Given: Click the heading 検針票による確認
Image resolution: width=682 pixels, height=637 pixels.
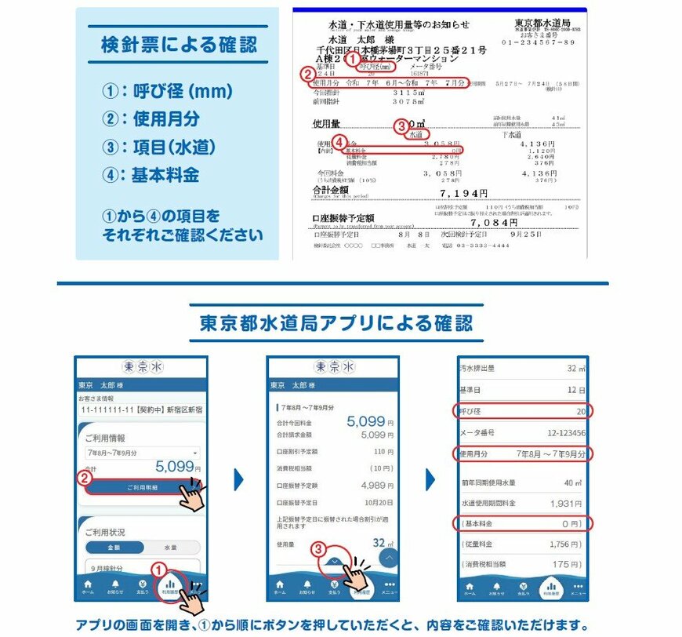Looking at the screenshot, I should coord(179,45).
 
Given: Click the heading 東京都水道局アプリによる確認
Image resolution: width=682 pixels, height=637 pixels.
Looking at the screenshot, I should coord(336,323).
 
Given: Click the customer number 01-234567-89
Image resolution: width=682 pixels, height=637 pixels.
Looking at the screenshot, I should coord(543,42).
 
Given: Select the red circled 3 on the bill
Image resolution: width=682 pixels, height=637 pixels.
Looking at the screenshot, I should coord(401,125).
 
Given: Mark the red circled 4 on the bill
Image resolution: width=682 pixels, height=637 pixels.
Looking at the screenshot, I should coord(339,142).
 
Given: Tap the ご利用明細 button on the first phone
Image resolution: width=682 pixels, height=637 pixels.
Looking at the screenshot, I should coord(142,487).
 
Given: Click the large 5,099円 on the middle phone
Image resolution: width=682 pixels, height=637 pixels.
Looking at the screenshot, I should coord(365,421).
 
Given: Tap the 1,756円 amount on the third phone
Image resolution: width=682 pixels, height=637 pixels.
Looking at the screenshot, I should coord(565,544).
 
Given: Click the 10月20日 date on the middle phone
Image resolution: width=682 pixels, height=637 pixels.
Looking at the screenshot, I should coord(379,502).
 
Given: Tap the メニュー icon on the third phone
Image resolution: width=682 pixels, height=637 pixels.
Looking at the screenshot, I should coord(578,588).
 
